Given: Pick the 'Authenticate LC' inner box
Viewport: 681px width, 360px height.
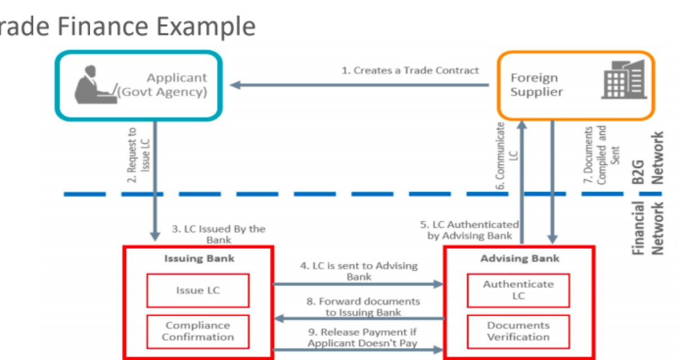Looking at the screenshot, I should click(518, 290).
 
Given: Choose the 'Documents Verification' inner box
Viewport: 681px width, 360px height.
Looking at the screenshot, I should click(518, 331).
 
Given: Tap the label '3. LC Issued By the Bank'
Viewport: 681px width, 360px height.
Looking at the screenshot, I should click(218, 234).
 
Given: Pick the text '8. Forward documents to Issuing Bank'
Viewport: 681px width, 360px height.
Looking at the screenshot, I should click(358, 307).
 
